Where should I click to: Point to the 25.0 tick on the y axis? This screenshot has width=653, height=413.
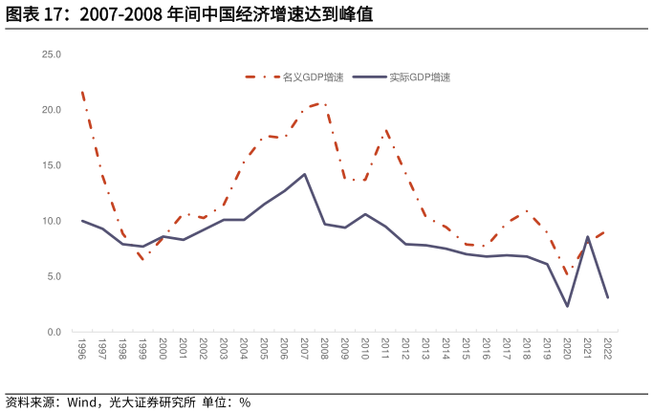(x=52, y=54)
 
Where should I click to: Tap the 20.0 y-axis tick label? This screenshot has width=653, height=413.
(x=52, y=110)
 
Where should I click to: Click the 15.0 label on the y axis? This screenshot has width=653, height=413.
(x=52, y=165)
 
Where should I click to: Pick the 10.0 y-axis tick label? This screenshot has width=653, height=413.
(x=52, y=221)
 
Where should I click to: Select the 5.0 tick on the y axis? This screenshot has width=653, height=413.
(x=54, y=276)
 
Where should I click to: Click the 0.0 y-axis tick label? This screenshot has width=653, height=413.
(x=54, y=332)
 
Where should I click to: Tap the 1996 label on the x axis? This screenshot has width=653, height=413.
(x=82, y=347)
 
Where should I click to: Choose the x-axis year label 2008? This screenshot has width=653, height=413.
(x=325, y=347)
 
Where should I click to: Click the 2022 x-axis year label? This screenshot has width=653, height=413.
(x=607, y=347)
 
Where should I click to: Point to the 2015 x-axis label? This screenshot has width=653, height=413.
(x=467, y=347)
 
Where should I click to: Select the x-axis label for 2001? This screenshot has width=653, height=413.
(x=184, y=347)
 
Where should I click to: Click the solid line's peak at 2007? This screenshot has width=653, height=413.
(x=304, y=174)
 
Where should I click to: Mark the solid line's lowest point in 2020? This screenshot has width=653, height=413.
(x=567, y=306)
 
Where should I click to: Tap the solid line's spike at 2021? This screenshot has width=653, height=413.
(x=587, y=236)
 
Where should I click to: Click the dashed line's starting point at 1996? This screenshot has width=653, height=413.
(x=82, y=93)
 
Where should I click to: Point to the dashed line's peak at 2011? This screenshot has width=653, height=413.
(x=385, y=130)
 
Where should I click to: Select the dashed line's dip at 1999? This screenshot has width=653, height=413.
(x=142, y=259)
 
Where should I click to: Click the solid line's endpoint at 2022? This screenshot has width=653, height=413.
(x=607, y=297)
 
